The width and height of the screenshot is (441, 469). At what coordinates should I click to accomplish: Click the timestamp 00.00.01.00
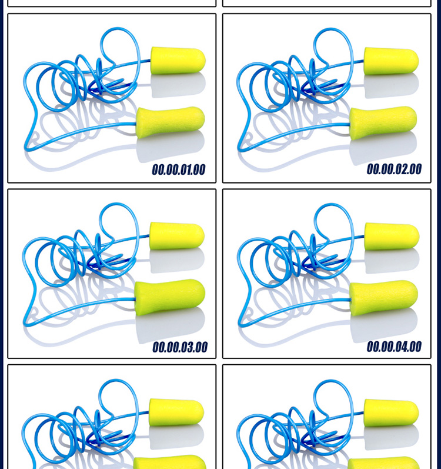click(x=179, y=169)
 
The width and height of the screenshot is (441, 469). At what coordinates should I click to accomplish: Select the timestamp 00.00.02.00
click(x=394, y=169)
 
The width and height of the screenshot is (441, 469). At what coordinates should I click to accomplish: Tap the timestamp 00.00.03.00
click(x=180, y=347)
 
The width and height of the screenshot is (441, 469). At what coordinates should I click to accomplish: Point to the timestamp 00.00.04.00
click(x=394, y=347)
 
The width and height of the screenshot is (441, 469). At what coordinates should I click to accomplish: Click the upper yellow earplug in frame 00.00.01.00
click(x=178, y=61)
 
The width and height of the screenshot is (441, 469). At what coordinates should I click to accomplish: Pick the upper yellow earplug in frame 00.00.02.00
click(x=391, y=61)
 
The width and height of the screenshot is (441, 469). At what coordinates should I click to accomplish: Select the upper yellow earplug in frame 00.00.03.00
click(x=177, y=236)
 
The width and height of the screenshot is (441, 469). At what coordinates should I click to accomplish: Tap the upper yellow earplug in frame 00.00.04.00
click(x=392, y=237)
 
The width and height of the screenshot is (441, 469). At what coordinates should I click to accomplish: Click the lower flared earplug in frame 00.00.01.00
click(x=171, y=122)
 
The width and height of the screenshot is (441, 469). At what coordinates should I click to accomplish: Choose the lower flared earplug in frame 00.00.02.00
click(x=383, y=123)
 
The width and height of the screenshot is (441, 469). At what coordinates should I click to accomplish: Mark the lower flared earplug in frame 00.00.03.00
click(x=170, y=297)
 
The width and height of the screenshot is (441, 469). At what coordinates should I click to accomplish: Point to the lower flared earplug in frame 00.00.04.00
click(x=383, y=298)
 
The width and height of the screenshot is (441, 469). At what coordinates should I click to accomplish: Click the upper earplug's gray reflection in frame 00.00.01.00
click(x=178, y=85)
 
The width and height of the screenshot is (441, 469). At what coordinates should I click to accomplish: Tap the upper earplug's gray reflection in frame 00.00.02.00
click(x=392, y=85)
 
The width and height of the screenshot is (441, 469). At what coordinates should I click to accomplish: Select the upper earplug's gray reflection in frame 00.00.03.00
click(x=177, y=260)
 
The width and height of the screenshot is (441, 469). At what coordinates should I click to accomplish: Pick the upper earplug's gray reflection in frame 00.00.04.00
click(x=392, y=261)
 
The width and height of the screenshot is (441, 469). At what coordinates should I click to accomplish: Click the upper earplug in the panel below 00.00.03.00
click(x=176, y=412)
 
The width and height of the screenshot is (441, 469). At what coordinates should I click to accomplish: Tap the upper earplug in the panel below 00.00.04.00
click(x=391, y=413)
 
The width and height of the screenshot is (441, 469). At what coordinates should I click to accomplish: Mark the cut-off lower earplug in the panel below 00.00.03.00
click(x=170, y=463)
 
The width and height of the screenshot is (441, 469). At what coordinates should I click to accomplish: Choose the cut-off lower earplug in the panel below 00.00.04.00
click(x=383, y=463)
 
